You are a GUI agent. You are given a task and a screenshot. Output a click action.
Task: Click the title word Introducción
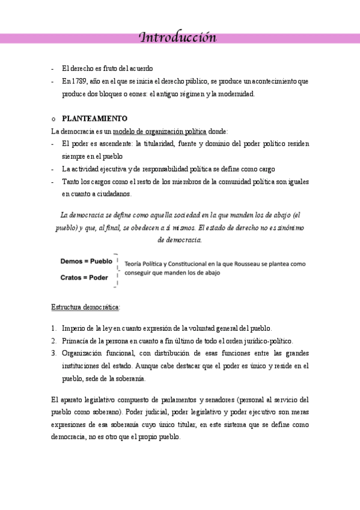click(x=177, y=38)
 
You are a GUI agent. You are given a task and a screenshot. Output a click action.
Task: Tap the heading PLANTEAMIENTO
click(x=94, y=118)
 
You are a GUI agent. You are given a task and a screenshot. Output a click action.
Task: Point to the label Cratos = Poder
click(x=84, y=277)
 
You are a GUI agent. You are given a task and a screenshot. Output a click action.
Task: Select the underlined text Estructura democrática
click(x=85, y=307)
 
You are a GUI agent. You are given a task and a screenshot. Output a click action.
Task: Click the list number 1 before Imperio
click(x=53, y=328)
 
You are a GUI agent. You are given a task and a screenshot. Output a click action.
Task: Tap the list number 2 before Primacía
click(x=53, y=341)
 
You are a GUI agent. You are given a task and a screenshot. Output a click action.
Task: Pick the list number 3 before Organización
click(x=53, y=354)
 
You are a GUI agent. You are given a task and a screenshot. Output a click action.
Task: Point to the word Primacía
click(x=75, y=341)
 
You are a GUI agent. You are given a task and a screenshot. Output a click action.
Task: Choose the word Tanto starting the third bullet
click(x=70, y=182)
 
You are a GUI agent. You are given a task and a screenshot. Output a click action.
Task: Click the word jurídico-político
click(x=265, y=341)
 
